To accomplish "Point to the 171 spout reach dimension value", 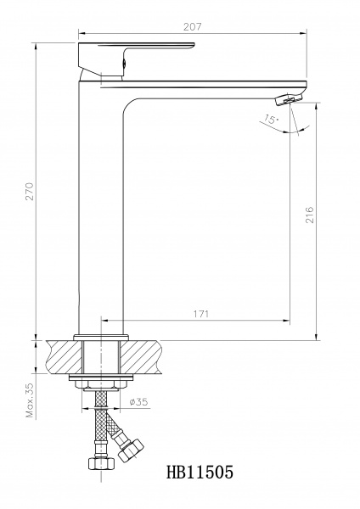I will tap(200, 314).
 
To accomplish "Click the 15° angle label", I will tap(270, 120).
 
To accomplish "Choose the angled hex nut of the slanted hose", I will tap(130, 449).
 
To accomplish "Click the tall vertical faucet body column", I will tap(103, 212).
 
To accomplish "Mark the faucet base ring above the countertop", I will tap(103, 335).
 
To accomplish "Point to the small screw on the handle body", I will tap(126, 61).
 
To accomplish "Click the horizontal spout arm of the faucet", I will tap(212, 85).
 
